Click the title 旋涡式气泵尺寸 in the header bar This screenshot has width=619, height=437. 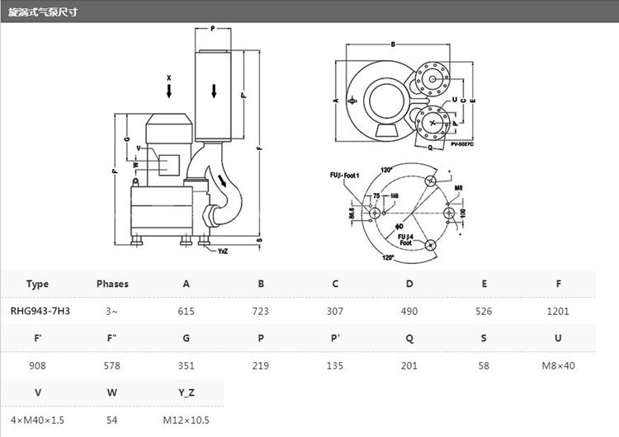pyautogui.click(x=43, y=13)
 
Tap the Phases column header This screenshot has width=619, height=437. pyautogui.click(x=112, y=284)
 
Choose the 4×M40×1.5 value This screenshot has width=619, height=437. pyautogui.click(x=37, y=420)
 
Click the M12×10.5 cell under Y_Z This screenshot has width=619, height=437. pyautogui.click(x=187, y=420)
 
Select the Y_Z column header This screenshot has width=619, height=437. pyautogui.click(x=187, y=392)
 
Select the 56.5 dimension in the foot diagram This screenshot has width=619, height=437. pyautogui.click(x=352, y=213)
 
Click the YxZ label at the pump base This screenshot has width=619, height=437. pyautogui.click(x=223, y=251)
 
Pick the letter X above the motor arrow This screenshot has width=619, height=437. pyautogui.click(x=168, y=78)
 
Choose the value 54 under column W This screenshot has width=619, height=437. pyautogui.click(x=112, y=420)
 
